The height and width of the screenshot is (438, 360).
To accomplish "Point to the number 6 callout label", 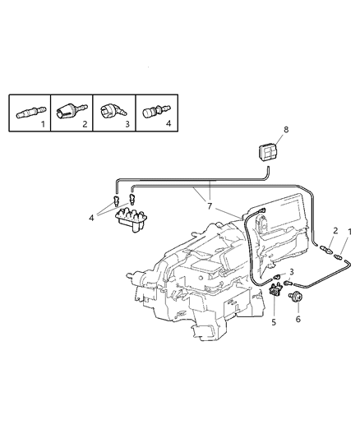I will click(x=298, y=317).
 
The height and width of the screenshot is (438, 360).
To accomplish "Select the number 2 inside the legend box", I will click(x=85, y=125).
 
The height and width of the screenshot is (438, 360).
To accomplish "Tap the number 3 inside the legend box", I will click(x=127, y=125).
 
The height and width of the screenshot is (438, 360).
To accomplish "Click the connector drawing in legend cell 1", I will click(x=31, y=113).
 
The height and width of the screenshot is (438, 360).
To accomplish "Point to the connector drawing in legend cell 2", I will click(x=72, y=111).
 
